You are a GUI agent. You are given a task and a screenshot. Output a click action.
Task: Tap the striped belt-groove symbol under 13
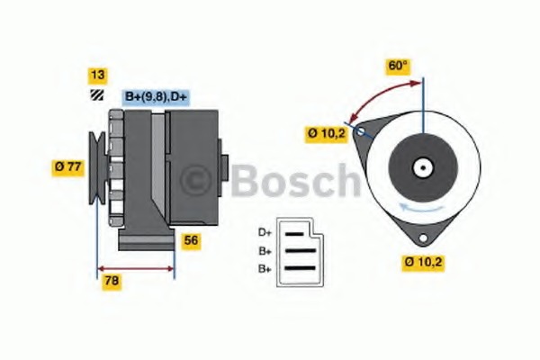click(x=95, y=94)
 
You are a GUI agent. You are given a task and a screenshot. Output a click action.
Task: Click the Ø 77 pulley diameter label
click(x=68, y=166)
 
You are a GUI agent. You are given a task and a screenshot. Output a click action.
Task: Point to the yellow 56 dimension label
click(x=191, y=241)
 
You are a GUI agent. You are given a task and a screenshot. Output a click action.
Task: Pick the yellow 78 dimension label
click(x=112, y=281)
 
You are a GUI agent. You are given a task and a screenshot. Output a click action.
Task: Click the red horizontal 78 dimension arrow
click(x=135, y=267)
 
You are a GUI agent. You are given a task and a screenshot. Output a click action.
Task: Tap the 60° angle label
click(x=398, y=67)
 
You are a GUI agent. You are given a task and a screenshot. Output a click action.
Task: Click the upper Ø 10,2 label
click(x=326, y=133)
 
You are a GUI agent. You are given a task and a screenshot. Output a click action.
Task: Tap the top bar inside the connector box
click(x=298, y=234)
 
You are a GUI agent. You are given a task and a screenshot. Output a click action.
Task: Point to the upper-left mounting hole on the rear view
click(x=362, y=132)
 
